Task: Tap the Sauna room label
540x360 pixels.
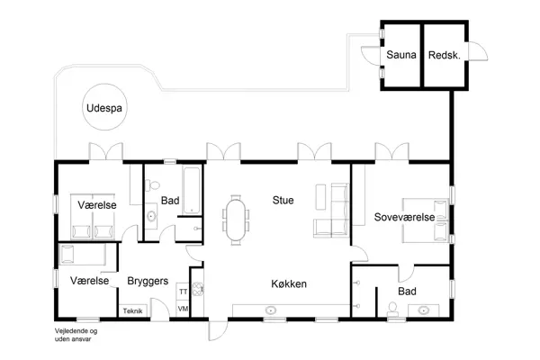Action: click(x=401, y=55)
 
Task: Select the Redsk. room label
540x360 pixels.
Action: click(x=445, y=55)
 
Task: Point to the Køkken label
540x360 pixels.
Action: click(x=289, y=283)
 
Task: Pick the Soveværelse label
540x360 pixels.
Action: click(x=405, y=217)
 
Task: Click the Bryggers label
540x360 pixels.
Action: click(x=148, y=281)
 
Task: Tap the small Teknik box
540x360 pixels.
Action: click(x=133, y=310)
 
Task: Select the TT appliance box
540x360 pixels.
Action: click(x=183, y=292)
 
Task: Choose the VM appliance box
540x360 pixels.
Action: click(x=183, y=310)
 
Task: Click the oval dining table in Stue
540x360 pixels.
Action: click(x=237, y=220)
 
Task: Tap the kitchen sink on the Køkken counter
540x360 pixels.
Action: click(x=271, y=310)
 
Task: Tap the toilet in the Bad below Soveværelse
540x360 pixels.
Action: click(x=391, y=310)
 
